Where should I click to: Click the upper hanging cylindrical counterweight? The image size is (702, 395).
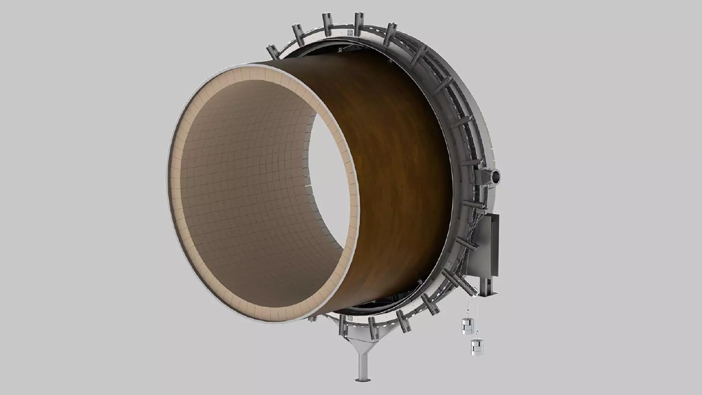(467, 326)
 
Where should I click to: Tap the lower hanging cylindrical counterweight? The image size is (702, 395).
(477, 347)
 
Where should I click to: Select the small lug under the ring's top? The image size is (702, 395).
(340, 49)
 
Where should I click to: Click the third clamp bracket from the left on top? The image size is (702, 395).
(327, 24)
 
